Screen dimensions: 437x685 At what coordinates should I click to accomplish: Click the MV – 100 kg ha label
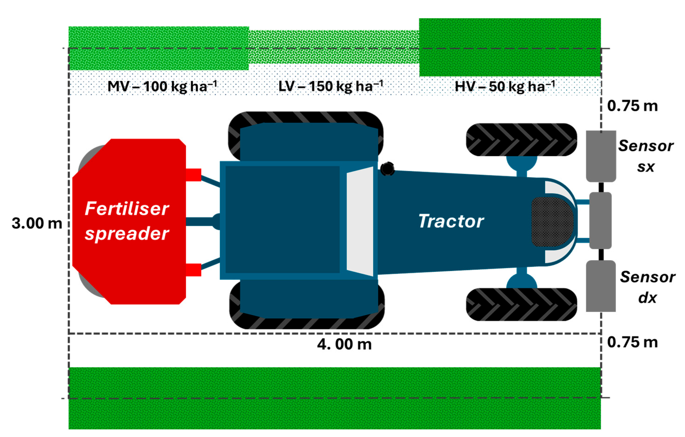[162, 86]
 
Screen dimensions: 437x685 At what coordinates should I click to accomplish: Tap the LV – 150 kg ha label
[331, 86]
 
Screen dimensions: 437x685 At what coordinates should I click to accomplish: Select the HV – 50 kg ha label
[505, 86]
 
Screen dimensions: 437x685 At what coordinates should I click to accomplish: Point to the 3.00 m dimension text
[37, 223]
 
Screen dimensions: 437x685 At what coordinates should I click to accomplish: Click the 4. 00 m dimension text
[344, 344]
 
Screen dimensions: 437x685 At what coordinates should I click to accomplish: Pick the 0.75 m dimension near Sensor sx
[632, 106]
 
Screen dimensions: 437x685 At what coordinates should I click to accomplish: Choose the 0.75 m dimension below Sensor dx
[632, 342]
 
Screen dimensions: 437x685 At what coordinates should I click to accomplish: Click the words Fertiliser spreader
[127, 221]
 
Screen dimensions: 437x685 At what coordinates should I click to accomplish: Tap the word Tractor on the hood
[451, 221]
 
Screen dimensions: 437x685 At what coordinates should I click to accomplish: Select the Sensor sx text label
[646, 156]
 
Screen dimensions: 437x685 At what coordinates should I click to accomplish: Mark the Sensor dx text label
[647, 287]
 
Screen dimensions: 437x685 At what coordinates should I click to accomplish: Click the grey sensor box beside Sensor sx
[601, 156]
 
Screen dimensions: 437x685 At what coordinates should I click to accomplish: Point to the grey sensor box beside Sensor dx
[601, 286]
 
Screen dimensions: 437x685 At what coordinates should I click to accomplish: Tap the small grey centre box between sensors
[600, 220]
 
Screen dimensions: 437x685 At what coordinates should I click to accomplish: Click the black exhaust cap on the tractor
[387, 169]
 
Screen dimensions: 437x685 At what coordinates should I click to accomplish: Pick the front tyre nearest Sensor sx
[521, 140]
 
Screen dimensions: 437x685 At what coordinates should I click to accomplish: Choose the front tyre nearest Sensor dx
[521, 304]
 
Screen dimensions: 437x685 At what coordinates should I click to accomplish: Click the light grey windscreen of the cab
[360, 222]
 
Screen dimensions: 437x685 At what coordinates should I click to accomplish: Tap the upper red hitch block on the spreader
[193, 175]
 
